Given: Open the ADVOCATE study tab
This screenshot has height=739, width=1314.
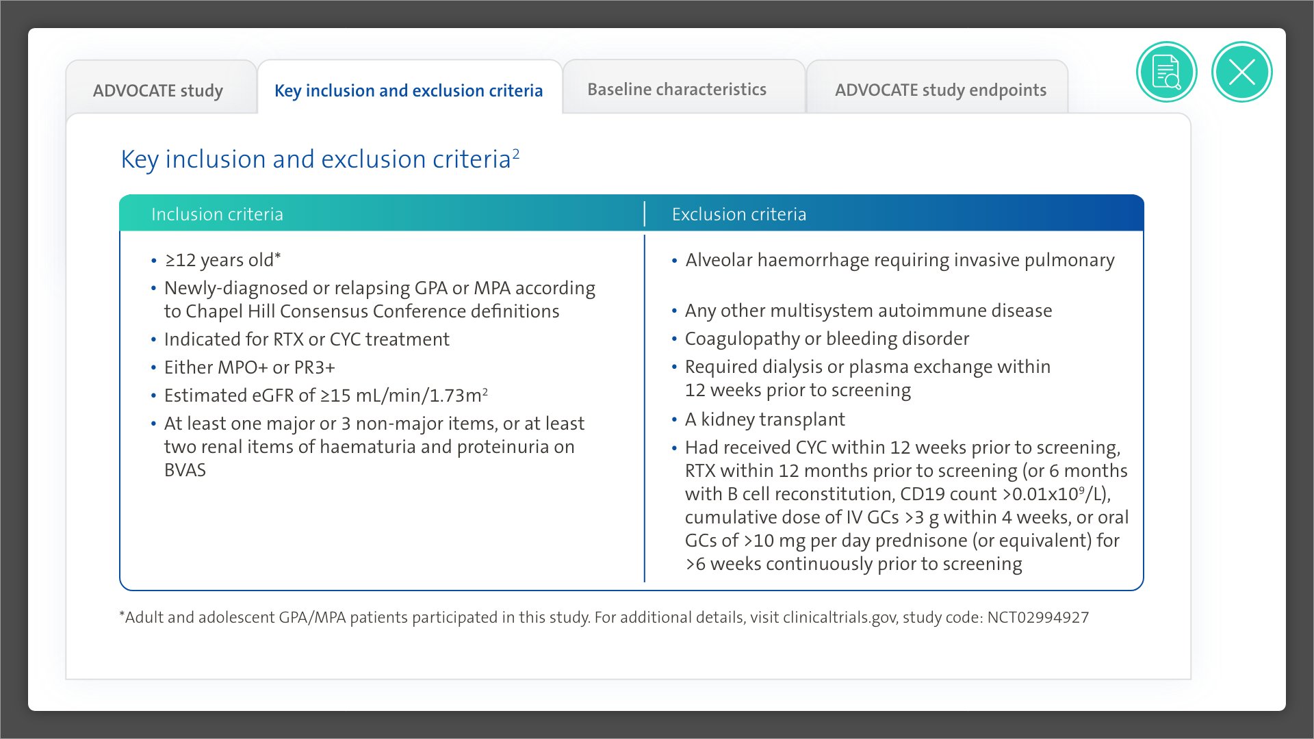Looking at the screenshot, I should pos(158,90).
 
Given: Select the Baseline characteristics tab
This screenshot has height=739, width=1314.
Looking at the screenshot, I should pos(676,90).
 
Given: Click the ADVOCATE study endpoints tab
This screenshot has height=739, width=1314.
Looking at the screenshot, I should pos(940,90).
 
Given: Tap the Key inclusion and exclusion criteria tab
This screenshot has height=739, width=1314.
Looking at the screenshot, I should pos(409,90).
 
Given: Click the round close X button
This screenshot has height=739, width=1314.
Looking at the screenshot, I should pos(1241,72).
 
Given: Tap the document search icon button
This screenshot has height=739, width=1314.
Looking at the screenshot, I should pos(1166,72).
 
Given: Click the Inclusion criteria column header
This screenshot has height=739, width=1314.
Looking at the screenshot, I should pos(217,214).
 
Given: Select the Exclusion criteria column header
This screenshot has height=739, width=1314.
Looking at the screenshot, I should pos(738,214).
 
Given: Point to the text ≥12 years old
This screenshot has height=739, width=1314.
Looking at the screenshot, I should pos(222,260).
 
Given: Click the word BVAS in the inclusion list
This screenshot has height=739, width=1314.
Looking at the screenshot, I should pos(185,470).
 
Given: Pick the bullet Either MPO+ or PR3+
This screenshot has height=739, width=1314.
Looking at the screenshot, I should pos(249,367).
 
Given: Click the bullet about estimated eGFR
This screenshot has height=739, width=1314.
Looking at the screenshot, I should pos(326,396).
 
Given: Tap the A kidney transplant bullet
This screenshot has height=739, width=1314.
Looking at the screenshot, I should pos(764,419).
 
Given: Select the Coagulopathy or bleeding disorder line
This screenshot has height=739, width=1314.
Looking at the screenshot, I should pos(827,339).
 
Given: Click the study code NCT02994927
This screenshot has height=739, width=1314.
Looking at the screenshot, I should pos(1038,617).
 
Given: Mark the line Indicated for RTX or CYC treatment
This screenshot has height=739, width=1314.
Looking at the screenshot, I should pos(307,339).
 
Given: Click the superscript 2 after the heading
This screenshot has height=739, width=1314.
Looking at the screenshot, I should pos(516,153).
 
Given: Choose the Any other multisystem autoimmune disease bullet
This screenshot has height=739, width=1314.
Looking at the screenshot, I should pos(868,311).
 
